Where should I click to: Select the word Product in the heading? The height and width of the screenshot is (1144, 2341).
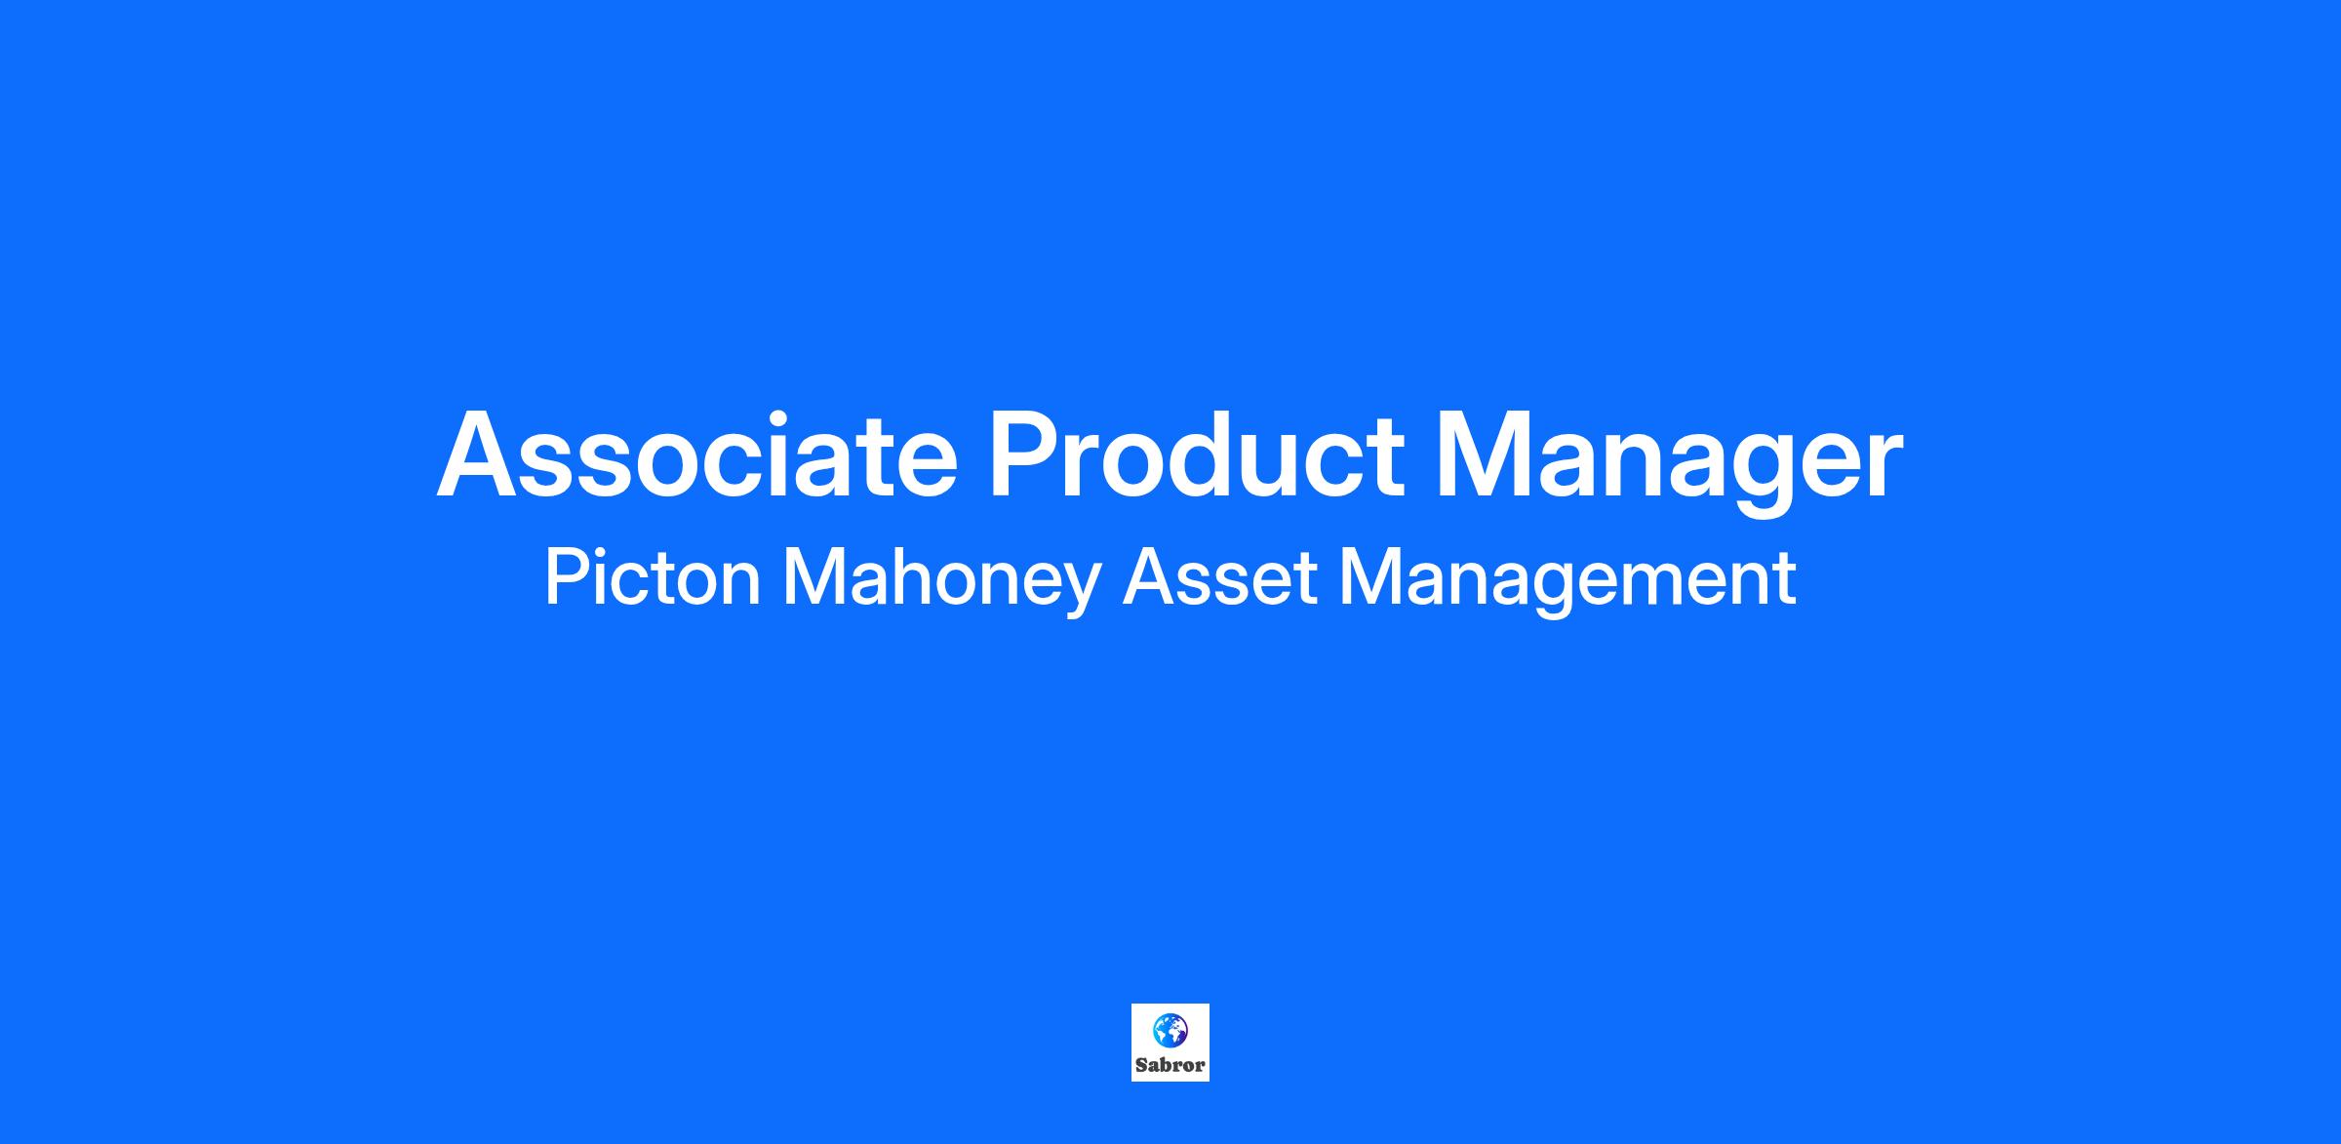click(1197, 454)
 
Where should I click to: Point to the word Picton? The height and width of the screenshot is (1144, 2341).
click(653, 577)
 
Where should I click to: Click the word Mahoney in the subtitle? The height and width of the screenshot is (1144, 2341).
click(942, 583)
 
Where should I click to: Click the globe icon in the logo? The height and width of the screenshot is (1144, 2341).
click(1170, 1029)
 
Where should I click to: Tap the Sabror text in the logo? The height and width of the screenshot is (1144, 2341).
click(1170, 1065)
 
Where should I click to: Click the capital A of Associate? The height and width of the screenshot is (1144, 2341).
click(481, 454)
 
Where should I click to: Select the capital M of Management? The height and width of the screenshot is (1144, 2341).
click(1370, 577)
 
